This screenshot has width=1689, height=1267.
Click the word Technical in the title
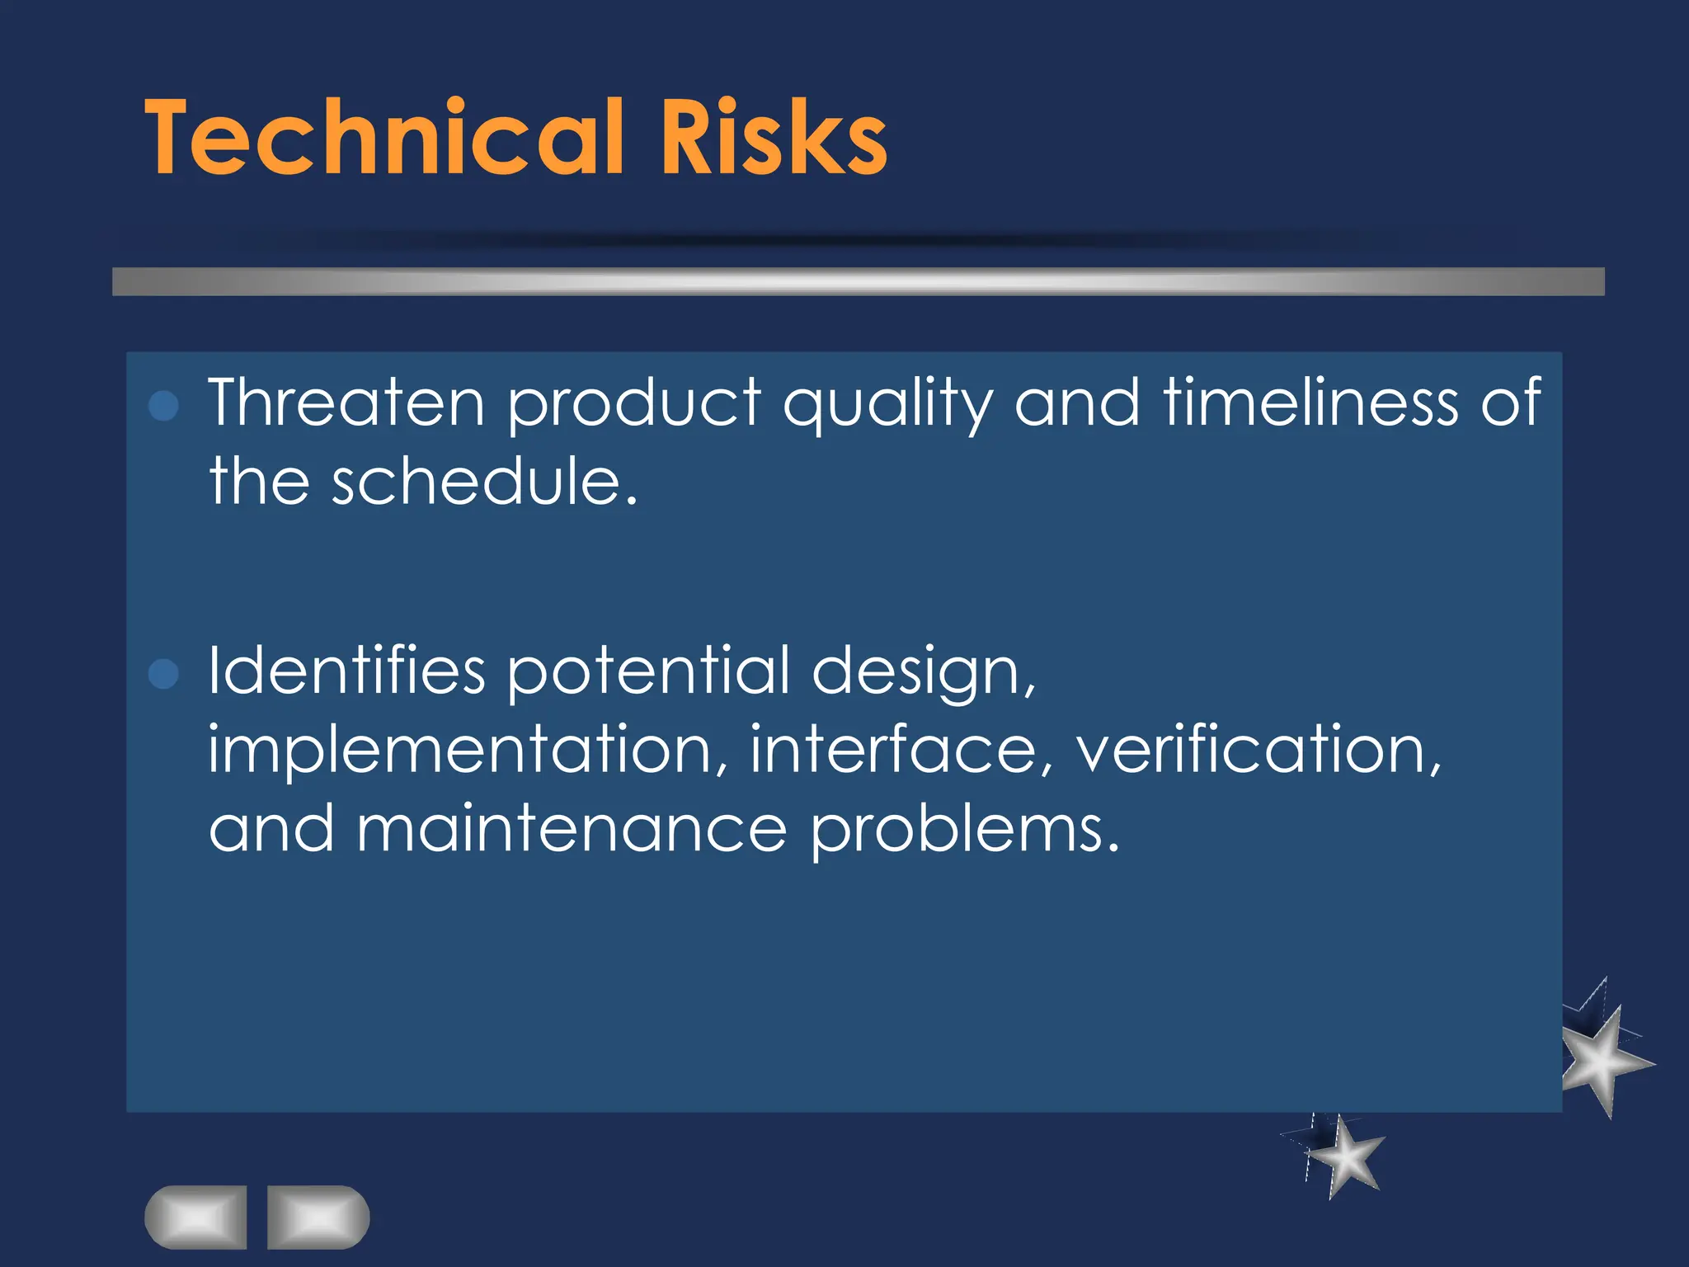383,138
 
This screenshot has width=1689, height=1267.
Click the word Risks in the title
773,138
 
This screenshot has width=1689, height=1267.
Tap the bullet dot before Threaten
163,406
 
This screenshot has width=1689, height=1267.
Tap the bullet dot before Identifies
163,673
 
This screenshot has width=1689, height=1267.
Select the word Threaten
346,403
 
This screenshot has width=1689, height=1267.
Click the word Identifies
346,671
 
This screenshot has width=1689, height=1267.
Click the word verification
1259,749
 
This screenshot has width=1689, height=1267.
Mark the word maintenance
572,830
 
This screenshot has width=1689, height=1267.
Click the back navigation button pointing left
195,1217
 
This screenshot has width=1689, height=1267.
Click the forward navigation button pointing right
318,1217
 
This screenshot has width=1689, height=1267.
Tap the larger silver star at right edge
1603,1060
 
